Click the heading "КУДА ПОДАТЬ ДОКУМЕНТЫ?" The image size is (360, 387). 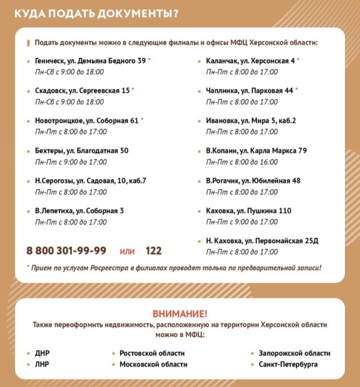[96, 13]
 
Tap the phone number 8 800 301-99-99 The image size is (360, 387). [66, 251]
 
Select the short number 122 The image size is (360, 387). [153, 251]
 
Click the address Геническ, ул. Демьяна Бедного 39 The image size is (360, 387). [90, 61]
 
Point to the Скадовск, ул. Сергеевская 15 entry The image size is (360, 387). [82, 90]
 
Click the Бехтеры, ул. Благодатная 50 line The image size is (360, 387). [81, 151]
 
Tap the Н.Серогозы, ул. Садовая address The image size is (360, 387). [90, 181]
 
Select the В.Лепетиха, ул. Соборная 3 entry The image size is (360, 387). [79, 211]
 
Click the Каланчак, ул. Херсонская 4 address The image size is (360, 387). [250, 61]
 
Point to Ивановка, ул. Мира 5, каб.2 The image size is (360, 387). [251, 120]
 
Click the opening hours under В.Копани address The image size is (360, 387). [242, 162]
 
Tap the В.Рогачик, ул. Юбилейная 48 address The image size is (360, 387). [253, 181]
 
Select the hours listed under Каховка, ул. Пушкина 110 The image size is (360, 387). [242, 222]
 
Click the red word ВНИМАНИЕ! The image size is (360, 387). [180, 313]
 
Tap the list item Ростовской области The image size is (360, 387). [152, 353]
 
